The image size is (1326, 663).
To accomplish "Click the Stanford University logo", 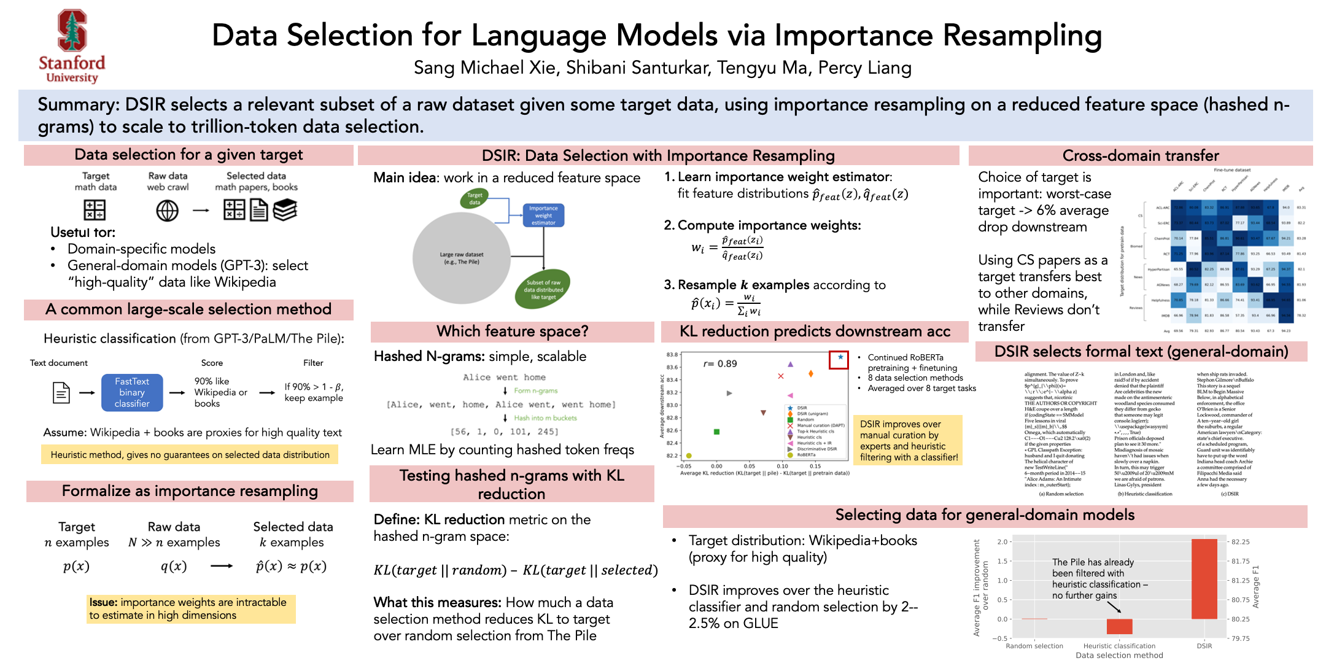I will tap(72, 46).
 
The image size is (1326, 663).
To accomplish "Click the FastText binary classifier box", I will tap(132, 392).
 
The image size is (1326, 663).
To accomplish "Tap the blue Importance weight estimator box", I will tap(543, 215).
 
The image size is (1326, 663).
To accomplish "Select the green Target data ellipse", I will tap(475, 198).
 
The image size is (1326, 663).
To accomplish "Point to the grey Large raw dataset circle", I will tap(461, 258).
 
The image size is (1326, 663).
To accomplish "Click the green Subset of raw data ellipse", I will tap(543, 290).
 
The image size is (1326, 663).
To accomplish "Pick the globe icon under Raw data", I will tap(167, 211).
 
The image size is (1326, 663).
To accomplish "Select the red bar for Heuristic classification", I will tap(1119, 626).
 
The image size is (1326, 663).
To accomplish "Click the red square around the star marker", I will tap(839, 360).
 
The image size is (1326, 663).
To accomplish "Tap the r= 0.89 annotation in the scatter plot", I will tap(720, 363).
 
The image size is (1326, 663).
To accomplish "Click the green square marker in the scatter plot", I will tap(716, 432).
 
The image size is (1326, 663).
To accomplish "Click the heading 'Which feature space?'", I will tap(512, 331).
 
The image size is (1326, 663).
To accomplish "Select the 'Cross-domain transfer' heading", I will tap(1140, 155).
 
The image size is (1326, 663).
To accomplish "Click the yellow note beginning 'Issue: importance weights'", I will tap(191, 608).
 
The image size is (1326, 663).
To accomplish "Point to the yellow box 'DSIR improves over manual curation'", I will tap(909, 440).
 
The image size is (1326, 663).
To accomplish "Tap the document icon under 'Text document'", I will tap(61, 392).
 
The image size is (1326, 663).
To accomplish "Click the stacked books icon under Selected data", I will tap(285, 210).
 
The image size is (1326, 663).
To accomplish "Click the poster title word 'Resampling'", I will tap(1022, 35).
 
